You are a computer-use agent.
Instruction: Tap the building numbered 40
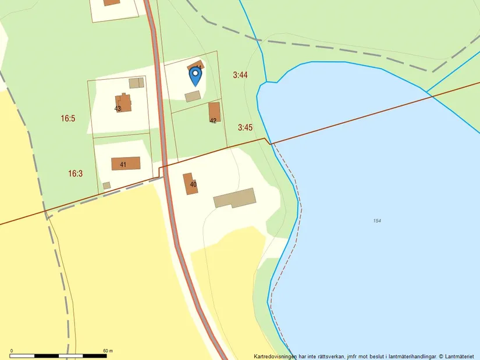pos(190,183)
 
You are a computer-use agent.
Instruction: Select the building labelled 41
pos(126,163)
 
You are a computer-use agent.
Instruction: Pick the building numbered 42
pos(214,112)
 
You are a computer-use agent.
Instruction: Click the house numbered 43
pos(123,103)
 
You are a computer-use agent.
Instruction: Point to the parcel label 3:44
pos(240,75)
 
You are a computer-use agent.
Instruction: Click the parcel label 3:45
pos(245,127)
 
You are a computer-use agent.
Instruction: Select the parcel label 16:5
pos(68,118)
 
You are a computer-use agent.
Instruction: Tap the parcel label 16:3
pos(76,173)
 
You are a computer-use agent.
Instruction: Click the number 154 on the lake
pos(378,220)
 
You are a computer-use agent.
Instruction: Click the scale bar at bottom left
pos(59,355)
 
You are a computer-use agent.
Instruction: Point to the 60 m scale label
pos(108,351)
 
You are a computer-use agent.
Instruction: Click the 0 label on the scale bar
pos(12,351)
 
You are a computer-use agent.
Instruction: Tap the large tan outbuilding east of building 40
pos(234,198)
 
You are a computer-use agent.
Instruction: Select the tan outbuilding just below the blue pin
pos(193,96)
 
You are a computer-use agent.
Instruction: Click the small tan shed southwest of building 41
pos(106,186)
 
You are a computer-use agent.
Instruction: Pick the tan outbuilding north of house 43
pos(136,83)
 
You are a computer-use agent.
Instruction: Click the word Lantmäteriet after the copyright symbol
pos(461,356)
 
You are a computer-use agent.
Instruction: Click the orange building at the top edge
pos(112,2)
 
